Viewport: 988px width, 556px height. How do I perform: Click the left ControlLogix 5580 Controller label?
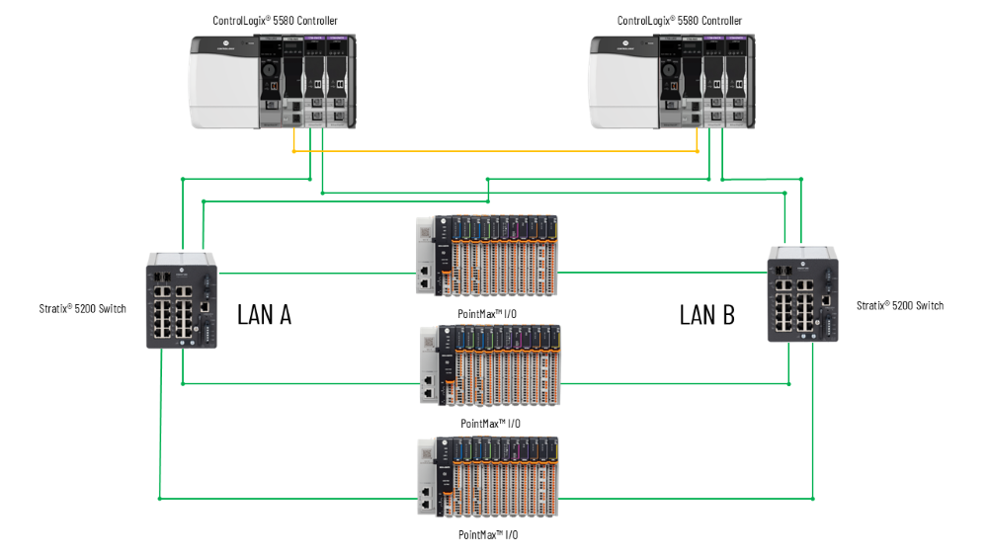pos(275,21)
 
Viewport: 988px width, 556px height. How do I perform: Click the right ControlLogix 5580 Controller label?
pos(679,21)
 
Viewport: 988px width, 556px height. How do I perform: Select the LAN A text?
pos(264,315)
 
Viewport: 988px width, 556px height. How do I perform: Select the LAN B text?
pos(707,315)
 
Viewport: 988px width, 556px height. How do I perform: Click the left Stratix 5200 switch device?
pos(182,299)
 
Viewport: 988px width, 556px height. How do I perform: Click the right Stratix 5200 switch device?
pos(801,293)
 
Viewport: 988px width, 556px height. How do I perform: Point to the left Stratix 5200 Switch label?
pos(83,309)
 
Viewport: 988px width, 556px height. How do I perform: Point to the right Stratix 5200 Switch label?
pos(900,305)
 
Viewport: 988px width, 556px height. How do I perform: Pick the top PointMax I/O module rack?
pos(487,255)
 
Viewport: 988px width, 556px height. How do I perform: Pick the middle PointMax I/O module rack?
pos(487,365)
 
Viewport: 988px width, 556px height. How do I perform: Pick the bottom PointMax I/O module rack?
pos(487,476)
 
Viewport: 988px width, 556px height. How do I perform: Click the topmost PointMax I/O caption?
pos(489,312)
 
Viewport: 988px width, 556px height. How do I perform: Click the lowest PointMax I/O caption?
pos(488,534)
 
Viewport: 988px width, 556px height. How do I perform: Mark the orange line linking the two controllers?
pos(494,152)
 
